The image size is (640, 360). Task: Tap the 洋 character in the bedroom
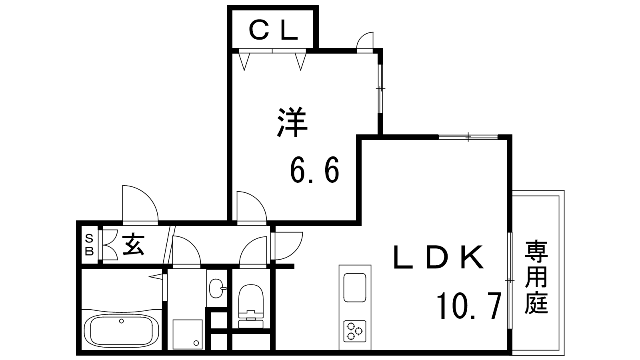[292, 122]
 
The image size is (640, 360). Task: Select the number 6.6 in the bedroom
[314, 170]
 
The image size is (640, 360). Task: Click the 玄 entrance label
[133, 244]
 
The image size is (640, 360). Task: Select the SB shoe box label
[90, 244]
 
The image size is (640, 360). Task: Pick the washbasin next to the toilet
[217, 288]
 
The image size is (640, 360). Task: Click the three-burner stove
[355, 331]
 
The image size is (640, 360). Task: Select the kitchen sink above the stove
[355, 288]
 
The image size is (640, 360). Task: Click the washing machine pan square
[188, 334]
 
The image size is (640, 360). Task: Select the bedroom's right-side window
[380, 89]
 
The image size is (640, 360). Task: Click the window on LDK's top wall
[468, 137]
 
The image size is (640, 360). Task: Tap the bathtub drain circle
[122, 321]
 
